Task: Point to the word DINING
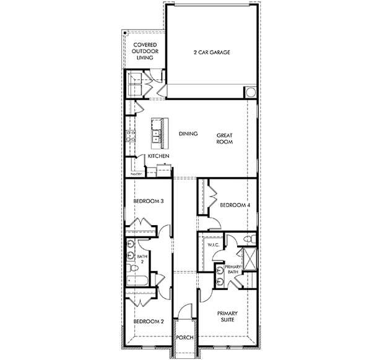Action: (x=188, y=134)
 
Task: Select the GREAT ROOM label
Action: (x=224, y=138)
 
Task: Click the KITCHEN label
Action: (x=158, y=156)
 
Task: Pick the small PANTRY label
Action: (x=136, y=174)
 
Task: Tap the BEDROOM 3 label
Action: (x=149, y=201)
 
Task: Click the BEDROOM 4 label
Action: (x=234, y=205)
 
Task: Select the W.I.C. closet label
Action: (x=214, y=246)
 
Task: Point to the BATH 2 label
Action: (x=141, y=259)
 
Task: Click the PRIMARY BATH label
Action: (x=233, y=269)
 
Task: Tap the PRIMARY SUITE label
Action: (x=227, y=317)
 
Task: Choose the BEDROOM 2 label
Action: (x=149, y=322)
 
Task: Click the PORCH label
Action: (x=185, y=338)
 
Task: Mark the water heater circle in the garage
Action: (x=251, y=92)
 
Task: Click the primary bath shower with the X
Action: (x=249, y=259)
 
